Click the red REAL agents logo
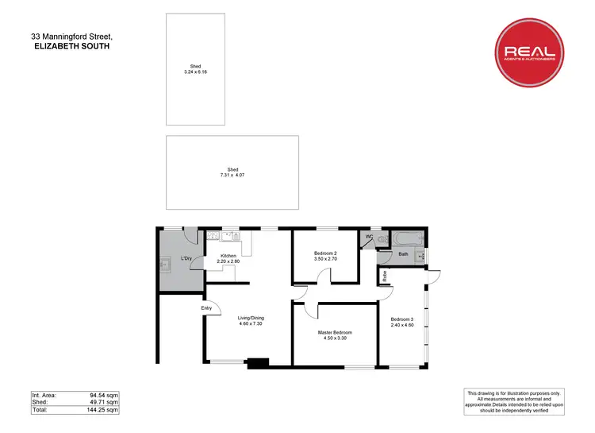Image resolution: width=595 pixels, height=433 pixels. (x=532, y=52)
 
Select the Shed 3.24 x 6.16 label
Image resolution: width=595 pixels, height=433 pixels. (x=195, y=70)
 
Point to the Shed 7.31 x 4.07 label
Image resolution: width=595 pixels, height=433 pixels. (x=232, y=172)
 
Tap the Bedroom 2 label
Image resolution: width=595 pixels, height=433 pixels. (x=327, y=256)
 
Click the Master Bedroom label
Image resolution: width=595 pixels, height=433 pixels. (x=334, y=334)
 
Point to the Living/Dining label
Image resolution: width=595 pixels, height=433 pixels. (x=251, y=322)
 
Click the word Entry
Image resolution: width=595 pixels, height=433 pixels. (x=206, y=307)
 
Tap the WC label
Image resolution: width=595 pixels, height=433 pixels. (x=369, y=237)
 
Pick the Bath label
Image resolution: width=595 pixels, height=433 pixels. (x=403, y=254)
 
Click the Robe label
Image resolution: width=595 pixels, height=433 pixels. (x=385, y=276)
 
